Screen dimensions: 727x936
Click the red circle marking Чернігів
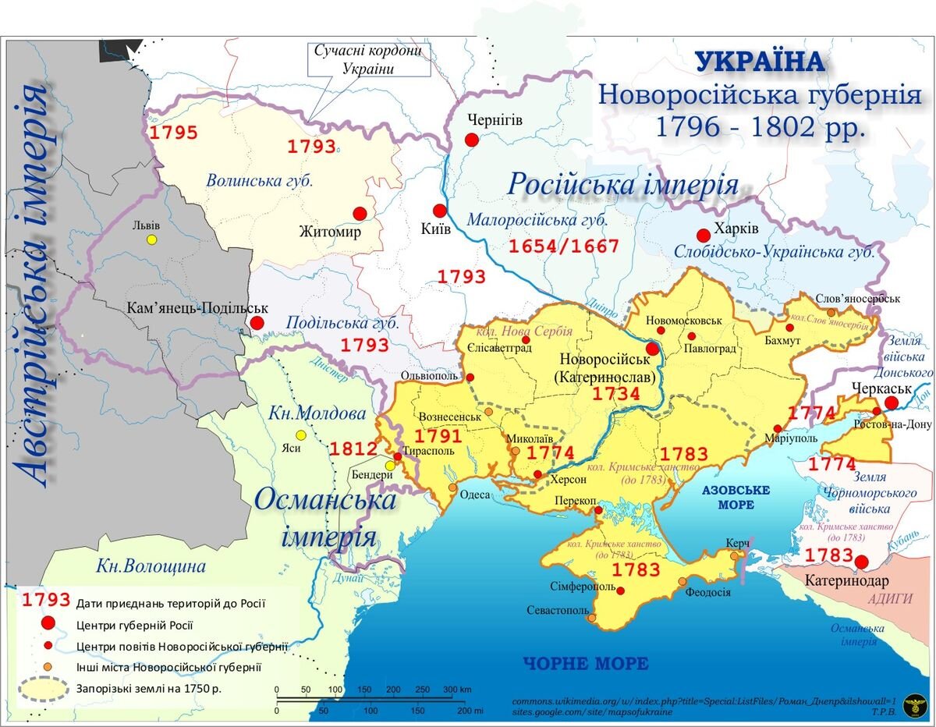[x=471, y=140]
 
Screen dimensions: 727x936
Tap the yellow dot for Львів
[x=152, y=239]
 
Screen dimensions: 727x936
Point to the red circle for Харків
[x=703, y=235]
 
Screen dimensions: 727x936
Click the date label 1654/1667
[x=564, y=247]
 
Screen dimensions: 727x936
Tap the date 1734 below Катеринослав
[x=616, y=394]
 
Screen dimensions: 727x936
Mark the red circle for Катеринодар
[x=861, y=562]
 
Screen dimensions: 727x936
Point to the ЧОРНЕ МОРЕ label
[x=585, y=664]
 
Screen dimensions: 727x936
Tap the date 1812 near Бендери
[x=353, y=449]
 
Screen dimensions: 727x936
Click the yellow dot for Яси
[x=300, y=435]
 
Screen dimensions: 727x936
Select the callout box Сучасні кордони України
[x=369, y=59]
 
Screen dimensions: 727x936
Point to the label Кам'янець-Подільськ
[x=197, y=309]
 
